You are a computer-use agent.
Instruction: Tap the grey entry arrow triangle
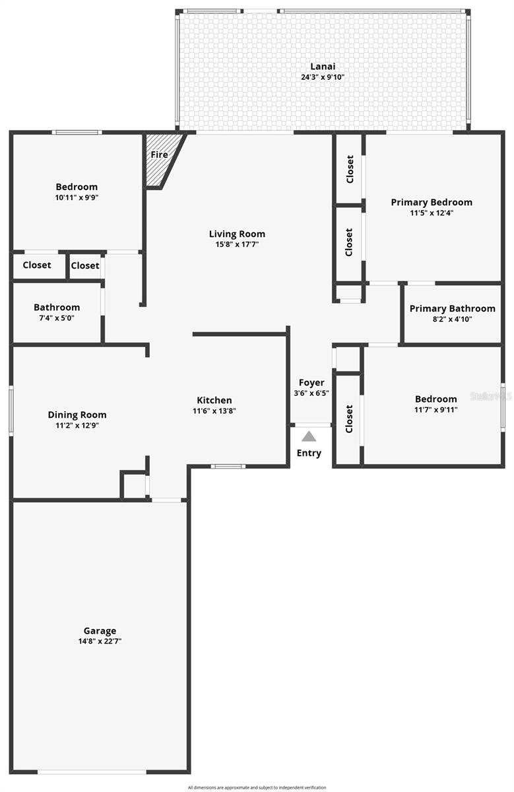click(309, 436)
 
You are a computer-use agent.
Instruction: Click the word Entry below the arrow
click(309, 453)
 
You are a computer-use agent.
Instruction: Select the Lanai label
click(323, 66)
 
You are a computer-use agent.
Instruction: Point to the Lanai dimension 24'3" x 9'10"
click(323, 77)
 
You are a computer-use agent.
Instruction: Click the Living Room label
click(237, 234)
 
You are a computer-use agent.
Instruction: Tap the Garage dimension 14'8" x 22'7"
click(100, 641)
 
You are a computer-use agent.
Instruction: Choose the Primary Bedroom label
click(432, 202)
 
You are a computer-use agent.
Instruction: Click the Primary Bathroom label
click(452, 308)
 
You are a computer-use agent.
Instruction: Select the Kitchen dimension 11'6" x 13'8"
click(214, 411)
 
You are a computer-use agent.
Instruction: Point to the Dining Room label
click(77, 414)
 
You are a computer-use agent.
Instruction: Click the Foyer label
click(311, 383)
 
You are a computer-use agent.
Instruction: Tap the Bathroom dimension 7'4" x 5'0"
click(57, 318)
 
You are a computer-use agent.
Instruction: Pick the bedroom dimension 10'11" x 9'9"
click(77, 197)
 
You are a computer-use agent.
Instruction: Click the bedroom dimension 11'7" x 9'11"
click(435, 409)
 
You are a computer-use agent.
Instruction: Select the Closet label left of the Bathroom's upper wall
click(37, 265)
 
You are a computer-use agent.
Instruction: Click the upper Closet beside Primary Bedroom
click(350, 170)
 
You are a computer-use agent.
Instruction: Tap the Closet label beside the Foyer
click(349, 418)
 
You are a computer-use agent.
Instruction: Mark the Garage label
click(100, 630)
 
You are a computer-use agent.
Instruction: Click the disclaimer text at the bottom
click(257, 787)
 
